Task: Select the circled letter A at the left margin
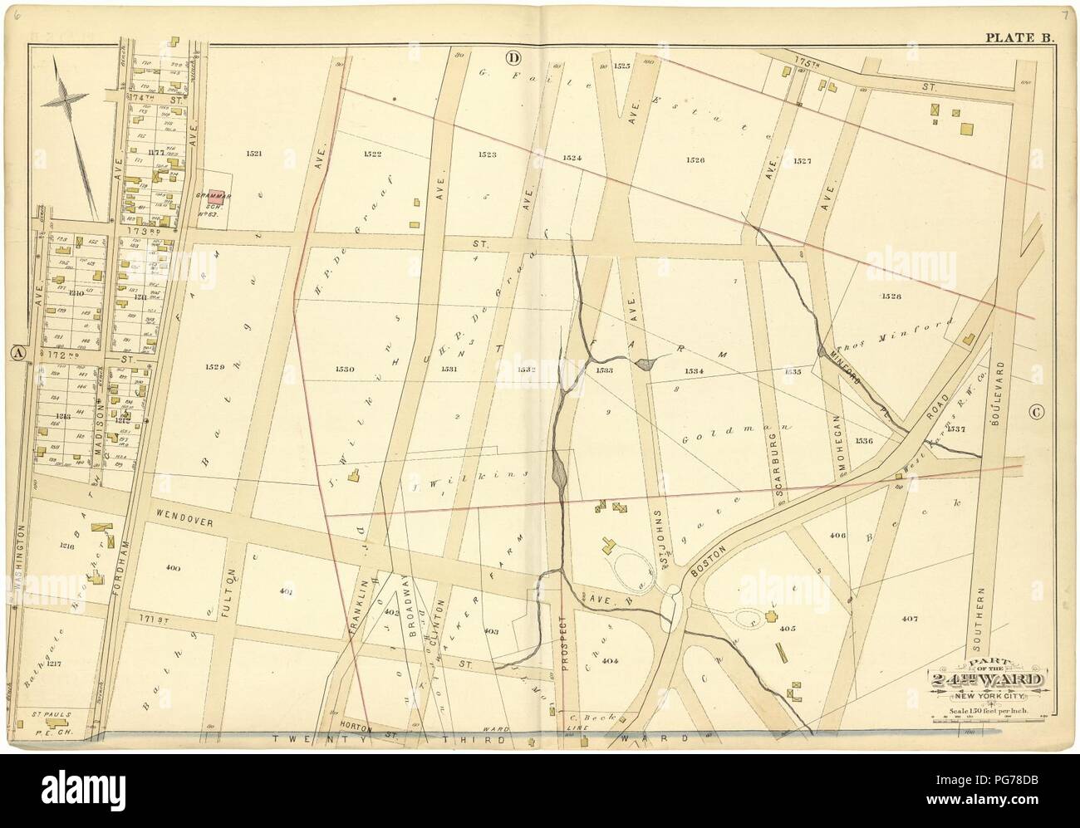15,352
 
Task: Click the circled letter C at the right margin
1035,411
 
